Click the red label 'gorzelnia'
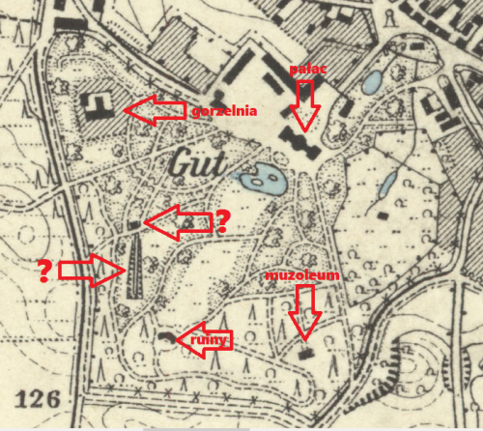(x=224, y=111)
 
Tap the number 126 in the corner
(x=39, y=398)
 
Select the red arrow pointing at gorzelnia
(x=155, y=112)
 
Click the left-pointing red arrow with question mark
(x=176, y=222)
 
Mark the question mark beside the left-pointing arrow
(x=221, y=223)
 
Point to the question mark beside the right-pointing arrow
(x=44, y=271)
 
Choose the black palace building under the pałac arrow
(x=301, y=144)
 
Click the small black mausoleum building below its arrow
(x=307, y=353)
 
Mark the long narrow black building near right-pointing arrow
(x=133, y=267)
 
